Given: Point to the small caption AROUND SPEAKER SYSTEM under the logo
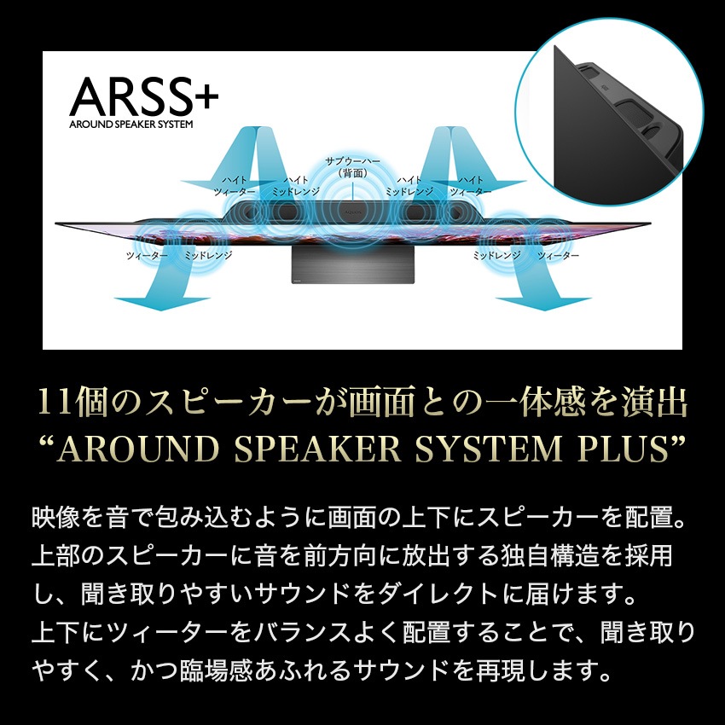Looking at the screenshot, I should pos(131,124).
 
